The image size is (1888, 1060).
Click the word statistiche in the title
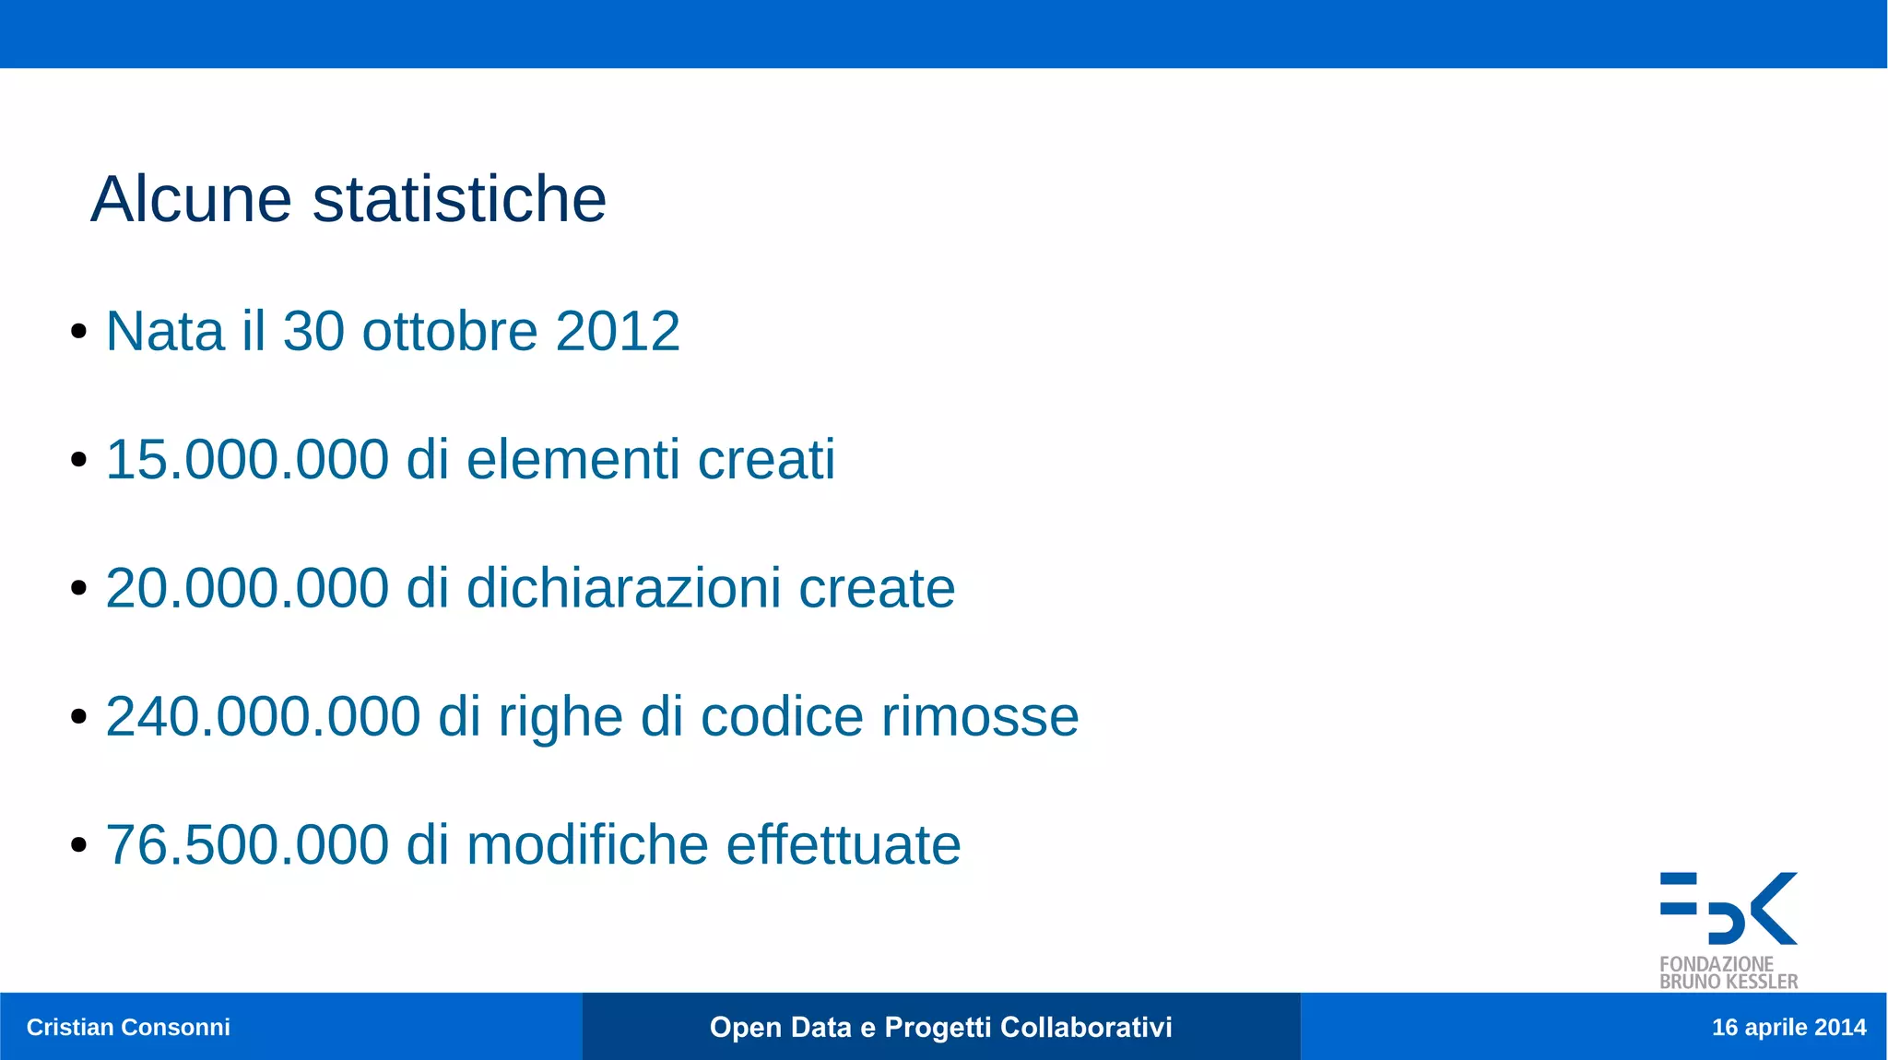point(459,199)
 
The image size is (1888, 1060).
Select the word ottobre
point(450,331)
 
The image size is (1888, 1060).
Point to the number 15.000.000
point(247,459)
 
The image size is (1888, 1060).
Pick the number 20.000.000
point(247,588)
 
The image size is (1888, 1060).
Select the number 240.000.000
point(263,716)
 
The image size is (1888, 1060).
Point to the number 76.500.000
point(247,844)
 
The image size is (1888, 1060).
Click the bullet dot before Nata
point(78,332)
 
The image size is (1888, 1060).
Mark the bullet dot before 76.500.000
point(78,845)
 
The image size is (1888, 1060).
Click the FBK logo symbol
point(1729,908)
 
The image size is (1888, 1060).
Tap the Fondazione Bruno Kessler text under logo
point(1729,973)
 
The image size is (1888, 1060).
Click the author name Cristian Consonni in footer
point(128,1027)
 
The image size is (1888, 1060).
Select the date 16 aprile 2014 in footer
point(1788,1027)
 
